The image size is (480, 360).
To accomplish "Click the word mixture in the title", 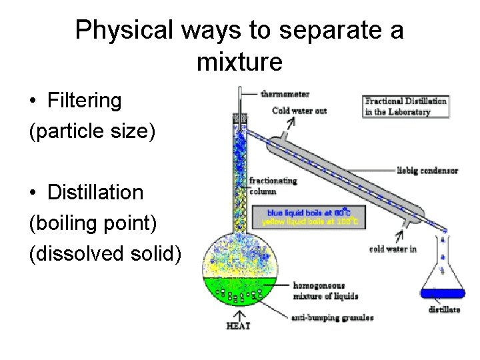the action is (240, 62).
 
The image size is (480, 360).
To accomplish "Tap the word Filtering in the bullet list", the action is (85, 101).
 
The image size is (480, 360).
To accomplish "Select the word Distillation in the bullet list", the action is (95, 193).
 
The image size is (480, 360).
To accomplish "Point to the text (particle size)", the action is (92, 131).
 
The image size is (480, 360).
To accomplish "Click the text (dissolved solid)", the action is (105, 253).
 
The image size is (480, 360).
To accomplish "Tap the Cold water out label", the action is (299, 111).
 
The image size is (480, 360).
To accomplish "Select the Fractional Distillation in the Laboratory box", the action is (405, 107).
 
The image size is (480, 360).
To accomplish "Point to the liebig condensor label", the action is (427, 171).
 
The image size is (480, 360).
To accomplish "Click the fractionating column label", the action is (273, 186).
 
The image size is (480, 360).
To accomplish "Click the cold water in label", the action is (393, 250).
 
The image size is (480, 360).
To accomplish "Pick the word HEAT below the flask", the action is (239, 325).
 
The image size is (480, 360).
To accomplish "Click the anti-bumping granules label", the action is (331, 318).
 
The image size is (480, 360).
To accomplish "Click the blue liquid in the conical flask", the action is (442, 293).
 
